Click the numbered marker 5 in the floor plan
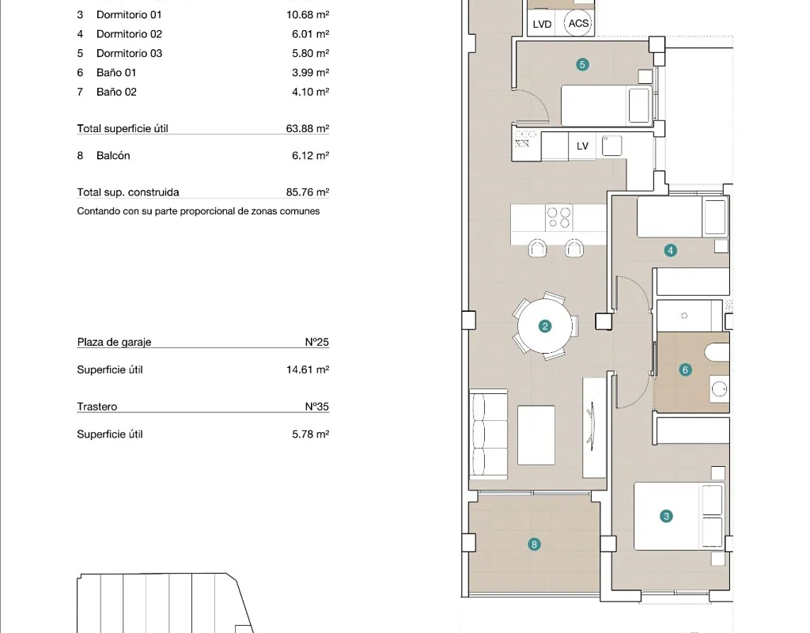click(x=582, y=65)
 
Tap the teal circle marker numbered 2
click(x=544, y=326)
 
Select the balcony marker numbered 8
click(x=534, y=544)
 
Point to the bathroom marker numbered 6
click(x=685, y=370)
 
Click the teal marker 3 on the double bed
click(x=666, y=516)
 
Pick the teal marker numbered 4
click(x=670, y=251)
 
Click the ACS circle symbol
click(x=578, y=23)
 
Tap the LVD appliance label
click(x=542, y=25)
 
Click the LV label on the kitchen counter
click(x=582, y=146)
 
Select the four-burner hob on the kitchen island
click(x=559, y=218)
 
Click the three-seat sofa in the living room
click(x=488, y=435)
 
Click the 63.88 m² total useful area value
click(x=308, y=128)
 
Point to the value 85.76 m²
click(x=308, y=191)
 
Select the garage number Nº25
click(x=316, y=342)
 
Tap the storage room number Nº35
click(x=316, y=406)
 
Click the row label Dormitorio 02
click(x=129, y=34)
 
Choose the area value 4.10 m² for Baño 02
click(x=310, y=92)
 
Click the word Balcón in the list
click(x=113, y=156)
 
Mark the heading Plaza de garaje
click(x=114, y=342)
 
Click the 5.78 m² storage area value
click(x=310, y=434)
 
